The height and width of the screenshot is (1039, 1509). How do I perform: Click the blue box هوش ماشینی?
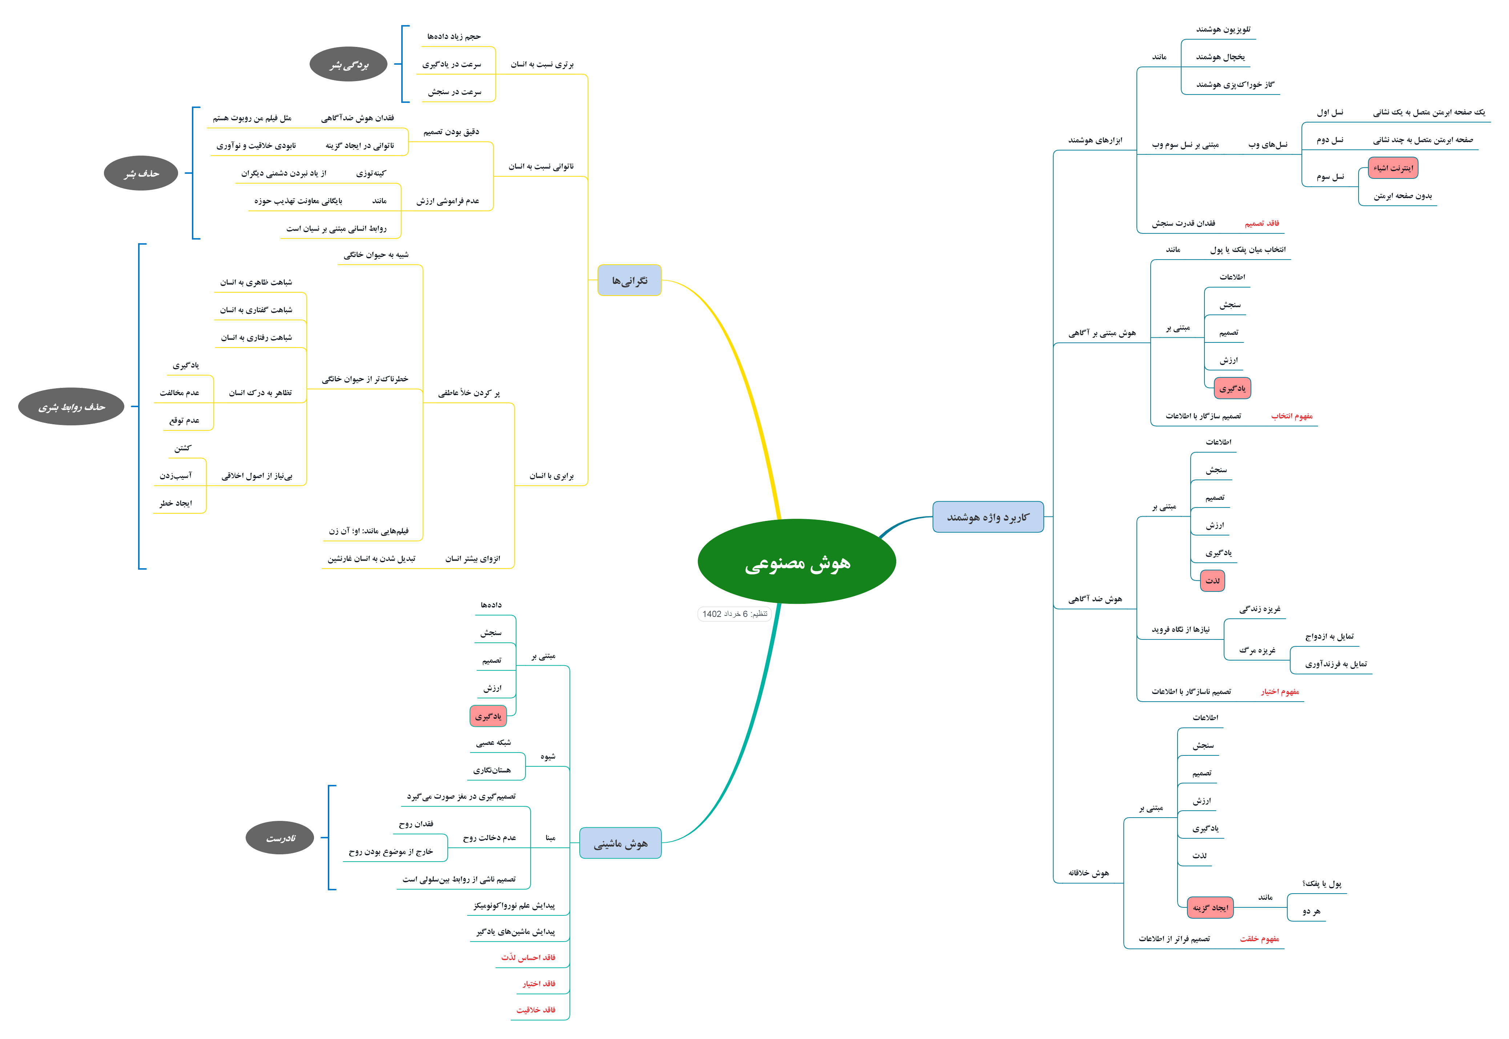[620, 843]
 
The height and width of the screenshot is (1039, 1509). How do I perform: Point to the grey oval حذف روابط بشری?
[71, 407]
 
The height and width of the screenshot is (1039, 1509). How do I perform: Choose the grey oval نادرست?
[280, 838]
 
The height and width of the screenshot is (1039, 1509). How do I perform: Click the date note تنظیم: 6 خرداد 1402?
[734, 614]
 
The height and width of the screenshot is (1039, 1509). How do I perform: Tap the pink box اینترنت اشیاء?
[1393, 168]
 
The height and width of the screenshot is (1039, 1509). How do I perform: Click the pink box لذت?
[1212, 580]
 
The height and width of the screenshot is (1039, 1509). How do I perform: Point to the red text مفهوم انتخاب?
[1292, 416]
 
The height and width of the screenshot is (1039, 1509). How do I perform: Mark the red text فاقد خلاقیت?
[536, 1010]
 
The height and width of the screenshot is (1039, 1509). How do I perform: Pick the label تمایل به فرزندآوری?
[1336, 664]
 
